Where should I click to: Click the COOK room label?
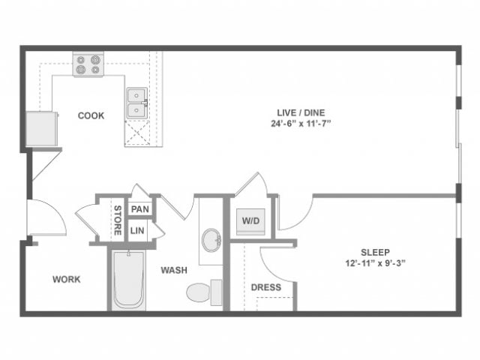pos(91,115)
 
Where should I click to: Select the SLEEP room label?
pos(374,253)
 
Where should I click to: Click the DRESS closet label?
pos(266,287)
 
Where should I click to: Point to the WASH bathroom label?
pos(173,270)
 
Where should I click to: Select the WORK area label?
pos(66,280)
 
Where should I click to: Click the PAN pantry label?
pos(138,209)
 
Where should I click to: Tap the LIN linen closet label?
pos(137,231)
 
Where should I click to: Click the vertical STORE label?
pos(118,220)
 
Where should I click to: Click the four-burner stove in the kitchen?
pos(88,64)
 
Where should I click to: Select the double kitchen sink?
pos(136,103)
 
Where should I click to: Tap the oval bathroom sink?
pos(211,240)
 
